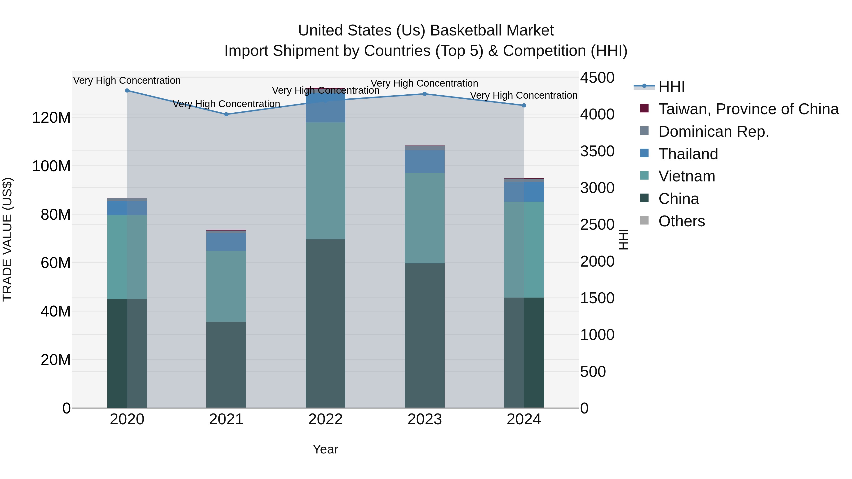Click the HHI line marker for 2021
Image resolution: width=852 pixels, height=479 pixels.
click(x=226, y=114)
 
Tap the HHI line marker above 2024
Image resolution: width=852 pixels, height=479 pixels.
click(x=524, y=105)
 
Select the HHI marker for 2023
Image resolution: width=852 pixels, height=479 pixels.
click(x=425, y=94)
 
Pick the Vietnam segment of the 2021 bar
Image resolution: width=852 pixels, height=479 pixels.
click(x=226, y=286)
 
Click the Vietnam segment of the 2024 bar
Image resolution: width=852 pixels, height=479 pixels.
click(x=524, y=250)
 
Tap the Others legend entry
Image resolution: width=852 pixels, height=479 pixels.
click(x=681, y=221)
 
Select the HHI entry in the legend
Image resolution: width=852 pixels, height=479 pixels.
click(x=671, y=87)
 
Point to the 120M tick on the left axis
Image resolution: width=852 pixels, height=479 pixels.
click(x=51, y=118)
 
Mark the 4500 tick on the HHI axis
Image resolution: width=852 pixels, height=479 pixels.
click(x=597, y=78)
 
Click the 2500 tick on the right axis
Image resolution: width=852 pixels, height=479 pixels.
click(x=597, y=225)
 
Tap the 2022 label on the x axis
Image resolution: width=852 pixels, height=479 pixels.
click(x=325, y=419)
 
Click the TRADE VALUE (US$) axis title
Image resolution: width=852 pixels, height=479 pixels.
click(x=8, y=239)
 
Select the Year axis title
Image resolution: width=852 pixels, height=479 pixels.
click(x=325, y=449)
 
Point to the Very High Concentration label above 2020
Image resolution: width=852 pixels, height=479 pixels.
click(x=127, y=80)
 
